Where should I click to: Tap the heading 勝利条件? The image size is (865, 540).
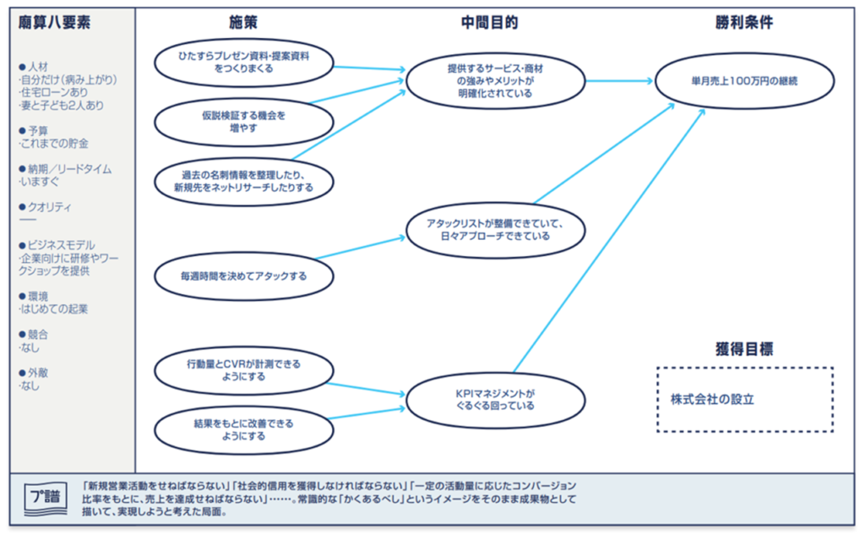tap(743, 24)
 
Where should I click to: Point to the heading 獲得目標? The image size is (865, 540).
tap(743, 348)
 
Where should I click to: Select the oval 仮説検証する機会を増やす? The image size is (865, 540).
tap(243, 120)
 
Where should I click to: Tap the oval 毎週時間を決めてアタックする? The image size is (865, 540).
tap(243, 275)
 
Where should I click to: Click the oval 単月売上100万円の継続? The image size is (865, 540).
tap(743, 81)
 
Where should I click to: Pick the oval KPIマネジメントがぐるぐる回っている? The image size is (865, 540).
tap(495, 399)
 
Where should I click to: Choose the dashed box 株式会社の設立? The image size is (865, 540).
tap(744, 399)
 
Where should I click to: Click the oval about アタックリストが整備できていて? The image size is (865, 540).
tap(495, 229)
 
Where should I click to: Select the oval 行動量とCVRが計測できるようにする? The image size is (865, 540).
tap(243, 370)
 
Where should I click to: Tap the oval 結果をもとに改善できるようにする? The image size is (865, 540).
tap(243, 429)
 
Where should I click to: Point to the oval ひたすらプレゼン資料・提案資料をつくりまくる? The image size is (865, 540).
tap(243, 61)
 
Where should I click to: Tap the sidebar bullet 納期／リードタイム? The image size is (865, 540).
tap(68, 169)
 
